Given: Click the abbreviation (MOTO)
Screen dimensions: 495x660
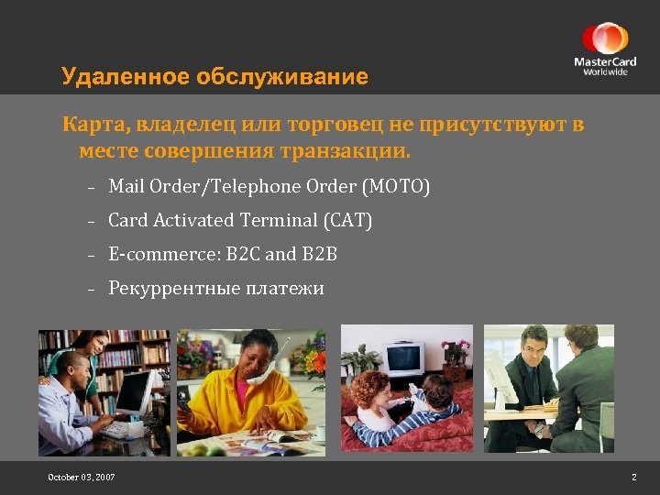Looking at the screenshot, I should [x=396, y=187].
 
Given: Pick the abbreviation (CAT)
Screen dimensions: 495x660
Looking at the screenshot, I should [x=347, y=221].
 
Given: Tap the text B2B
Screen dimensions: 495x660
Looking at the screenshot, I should [x=320, y=254].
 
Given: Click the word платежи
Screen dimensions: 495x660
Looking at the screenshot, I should [x=284, y=288].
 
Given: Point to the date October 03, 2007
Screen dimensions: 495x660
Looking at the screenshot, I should [x=82, y=478].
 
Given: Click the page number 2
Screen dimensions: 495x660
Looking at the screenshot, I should [x=633, y=478].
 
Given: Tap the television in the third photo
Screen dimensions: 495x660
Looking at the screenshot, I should [x=402, y=358].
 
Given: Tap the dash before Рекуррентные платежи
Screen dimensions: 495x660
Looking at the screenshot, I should [x=93, y=290].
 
